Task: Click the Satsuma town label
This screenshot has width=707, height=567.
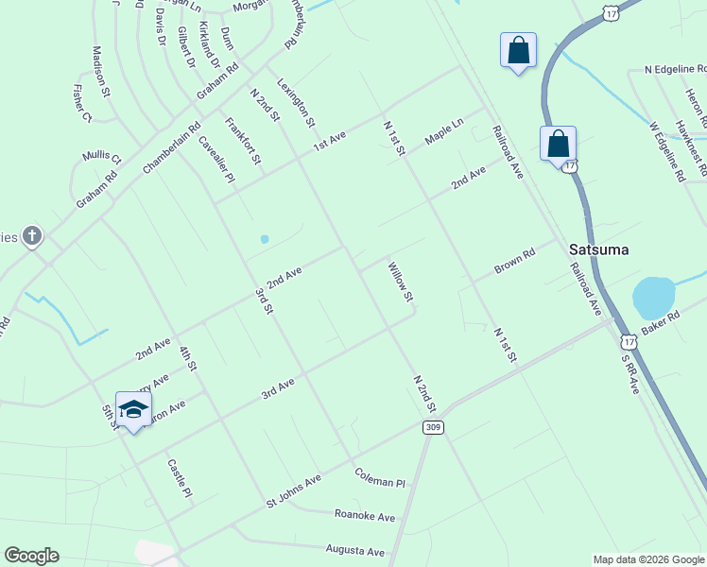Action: click(598, 249)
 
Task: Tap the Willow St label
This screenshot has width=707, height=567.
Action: click(401, 283)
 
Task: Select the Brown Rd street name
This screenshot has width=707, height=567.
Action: click(515, 262)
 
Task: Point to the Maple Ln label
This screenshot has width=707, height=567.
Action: click(444, 131)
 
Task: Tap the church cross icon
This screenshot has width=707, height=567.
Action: click(32, 235)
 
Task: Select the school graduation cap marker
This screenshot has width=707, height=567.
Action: click(133, 409)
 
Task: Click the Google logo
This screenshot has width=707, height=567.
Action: click(31, 556)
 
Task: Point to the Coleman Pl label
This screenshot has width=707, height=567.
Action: click(380, 476)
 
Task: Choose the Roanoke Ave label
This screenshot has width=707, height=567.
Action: click(365, 516)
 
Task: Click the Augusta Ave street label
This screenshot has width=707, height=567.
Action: click(355, 551)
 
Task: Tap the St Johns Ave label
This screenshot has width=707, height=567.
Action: click(294, 491)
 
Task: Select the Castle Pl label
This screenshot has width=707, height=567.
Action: click(180, 479)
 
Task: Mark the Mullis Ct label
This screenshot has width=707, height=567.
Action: click(102, 156)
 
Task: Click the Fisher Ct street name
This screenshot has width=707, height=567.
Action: click(82, 104)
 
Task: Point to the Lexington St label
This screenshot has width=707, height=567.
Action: click(296, 102)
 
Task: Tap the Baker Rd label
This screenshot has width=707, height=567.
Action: click(661, 323)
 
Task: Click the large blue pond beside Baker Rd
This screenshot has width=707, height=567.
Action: click(653, 297)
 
